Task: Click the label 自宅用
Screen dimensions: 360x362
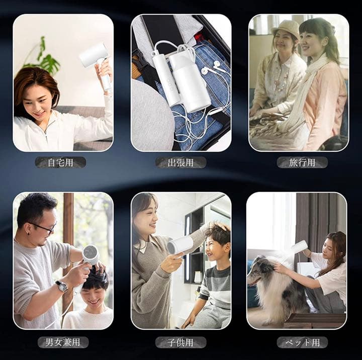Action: [x=60, y=162]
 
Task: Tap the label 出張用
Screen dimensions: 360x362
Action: [x=180, y=162]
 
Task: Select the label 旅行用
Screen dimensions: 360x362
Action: [x=302, y=162]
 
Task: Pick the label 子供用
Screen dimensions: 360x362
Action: [x=180, y=342]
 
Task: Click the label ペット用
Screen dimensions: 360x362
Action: [x=302, y=342]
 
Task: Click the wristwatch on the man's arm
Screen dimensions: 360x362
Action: [x=61, y=286]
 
